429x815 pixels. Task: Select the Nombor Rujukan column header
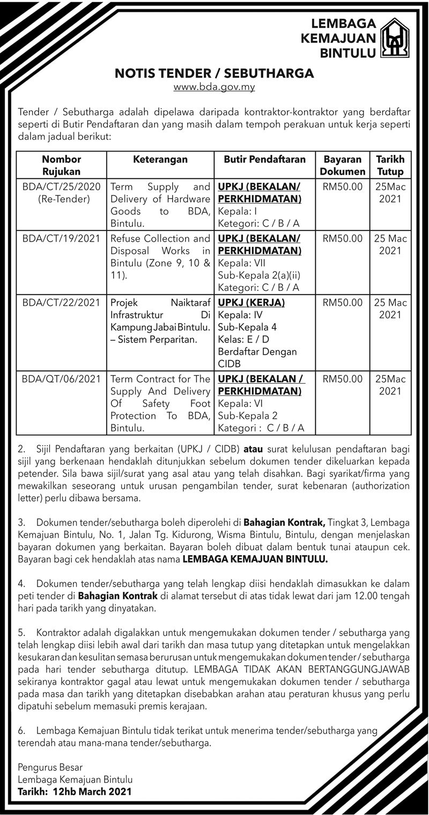(61, 166)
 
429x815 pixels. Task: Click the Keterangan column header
(160, 160)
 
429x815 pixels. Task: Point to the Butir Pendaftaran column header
(265, 160)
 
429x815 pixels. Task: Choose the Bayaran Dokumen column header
(343, 166)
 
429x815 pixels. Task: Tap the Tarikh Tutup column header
(390, 166)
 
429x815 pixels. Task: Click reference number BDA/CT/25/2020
(62, 187)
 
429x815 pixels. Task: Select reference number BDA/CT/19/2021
(62, 238)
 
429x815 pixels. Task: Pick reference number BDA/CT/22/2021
(62, 303)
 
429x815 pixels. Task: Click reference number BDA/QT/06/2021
(62, 379)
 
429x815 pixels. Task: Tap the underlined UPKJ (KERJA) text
(252, 303)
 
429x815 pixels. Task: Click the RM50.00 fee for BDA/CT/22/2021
(343, 303)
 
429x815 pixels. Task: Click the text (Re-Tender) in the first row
(61, 199)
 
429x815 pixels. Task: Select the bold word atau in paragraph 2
(254, 450)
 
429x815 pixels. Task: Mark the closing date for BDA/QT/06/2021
(390, 385)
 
